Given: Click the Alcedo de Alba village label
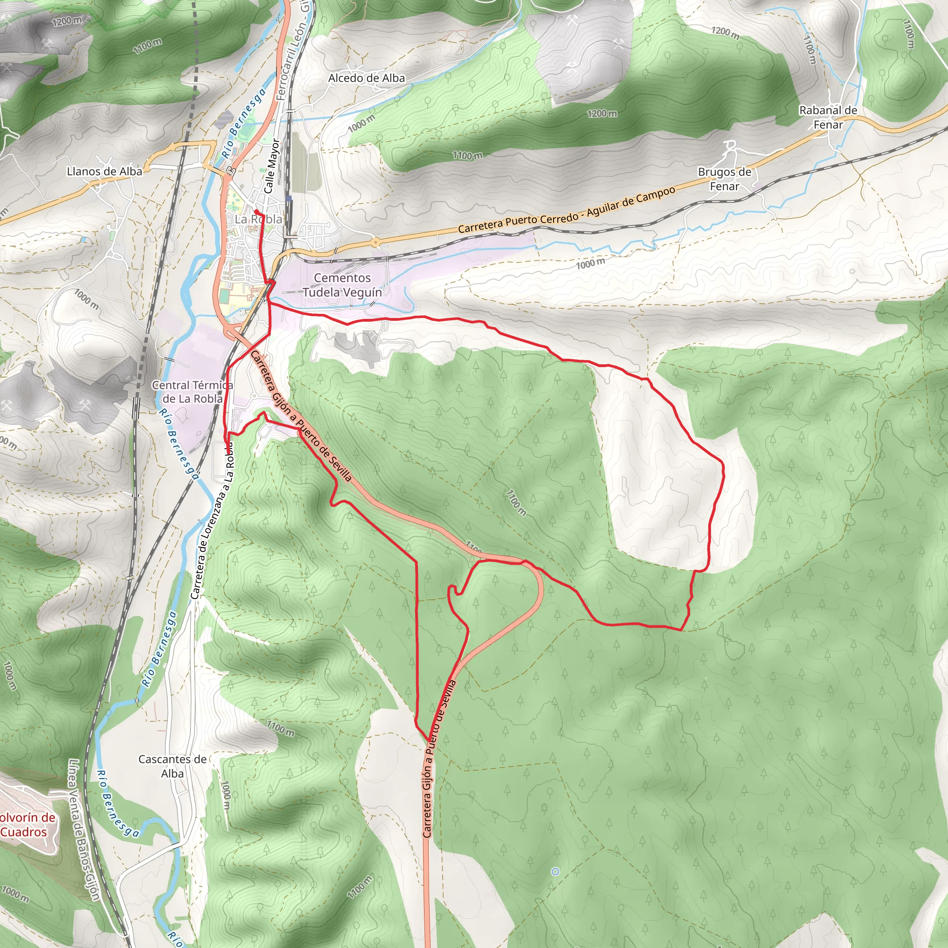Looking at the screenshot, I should pos(367,78).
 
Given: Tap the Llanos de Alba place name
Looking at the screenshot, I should pos(105,171).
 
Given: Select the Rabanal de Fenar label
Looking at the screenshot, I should pos(828,117).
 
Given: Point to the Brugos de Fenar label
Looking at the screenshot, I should pos(724,179).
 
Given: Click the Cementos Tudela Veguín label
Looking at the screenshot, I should pos(342,285).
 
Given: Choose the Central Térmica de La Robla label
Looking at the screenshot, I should pos(193,392).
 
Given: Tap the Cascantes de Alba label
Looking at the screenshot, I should pos(172,766).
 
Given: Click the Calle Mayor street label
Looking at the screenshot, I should pos(271,166).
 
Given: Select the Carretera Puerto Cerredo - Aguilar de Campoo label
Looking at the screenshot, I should pos(567,210).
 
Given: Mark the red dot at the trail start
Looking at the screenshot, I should pos(256,212).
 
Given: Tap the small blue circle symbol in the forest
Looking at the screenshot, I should pos(555,872).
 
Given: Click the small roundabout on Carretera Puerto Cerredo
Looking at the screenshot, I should pos(375,242).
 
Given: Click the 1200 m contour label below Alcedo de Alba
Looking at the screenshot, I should pos(602,114).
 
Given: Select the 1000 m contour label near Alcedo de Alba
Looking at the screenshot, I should pos(361,123).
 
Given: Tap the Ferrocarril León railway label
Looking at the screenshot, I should pos(294,54).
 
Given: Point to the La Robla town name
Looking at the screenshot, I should pos(258,219).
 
